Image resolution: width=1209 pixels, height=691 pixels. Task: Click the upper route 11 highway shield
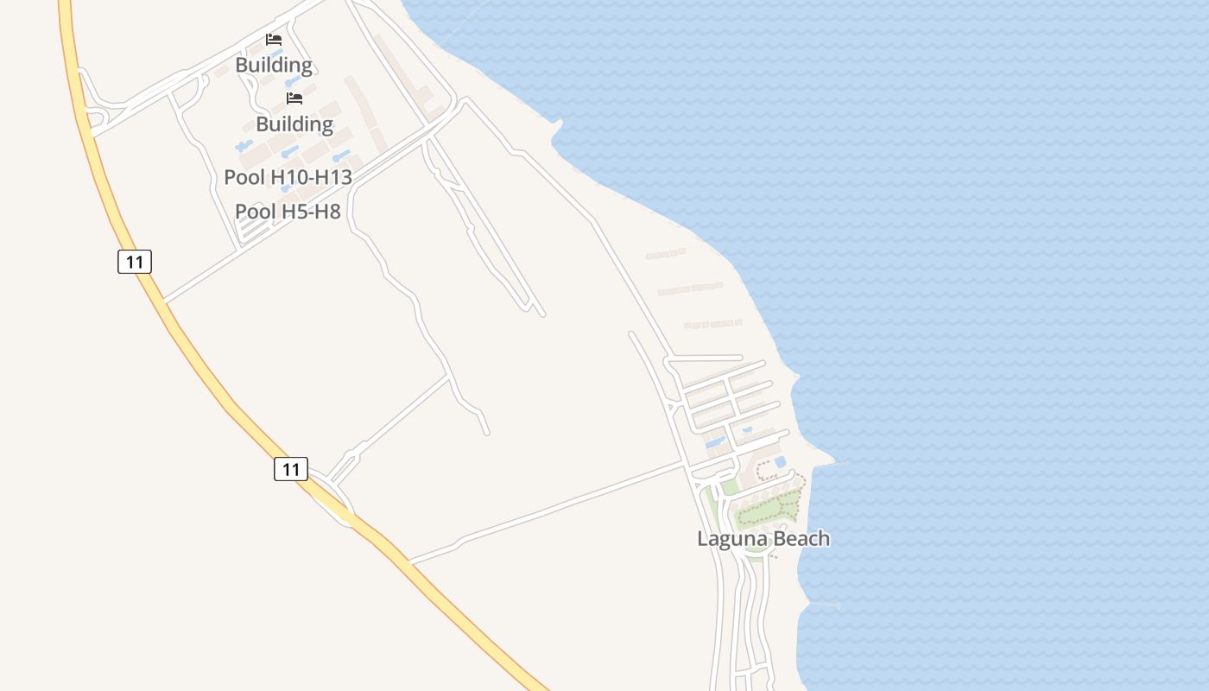click(x=135, y=261)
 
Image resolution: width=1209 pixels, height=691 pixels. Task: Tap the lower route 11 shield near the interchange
click(x=291, y=469)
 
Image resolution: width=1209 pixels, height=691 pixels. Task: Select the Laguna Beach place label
click(x=763, y=539)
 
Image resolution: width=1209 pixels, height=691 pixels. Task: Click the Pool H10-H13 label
click(x=288, y=178)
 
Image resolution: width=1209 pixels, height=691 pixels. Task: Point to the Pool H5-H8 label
click(x=288, y=212)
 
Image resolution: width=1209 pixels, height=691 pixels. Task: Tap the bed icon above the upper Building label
click(x=274, y=40)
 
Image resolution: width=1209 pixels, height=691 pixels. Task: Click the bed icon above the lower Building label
click(x=294, y=98)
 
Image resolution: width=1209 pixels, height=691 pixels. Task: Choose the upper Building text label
click(x=274, y=65)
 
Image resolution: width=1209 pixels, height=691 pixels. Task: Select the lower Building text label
click(x=294, y=124)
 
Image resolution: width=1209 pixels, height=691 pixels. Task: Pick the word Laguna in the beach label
click(x=730, y=539)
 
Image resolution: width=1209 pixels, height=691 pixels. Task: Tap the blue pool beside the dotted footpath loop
click(x=781, y=462)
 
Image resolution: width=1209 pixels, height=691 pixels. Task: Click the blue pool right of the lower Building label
click(x=342, y=156)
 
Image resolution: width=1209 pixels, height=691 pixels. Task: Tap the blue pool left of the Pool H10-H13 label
click(x=244, y=146)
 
